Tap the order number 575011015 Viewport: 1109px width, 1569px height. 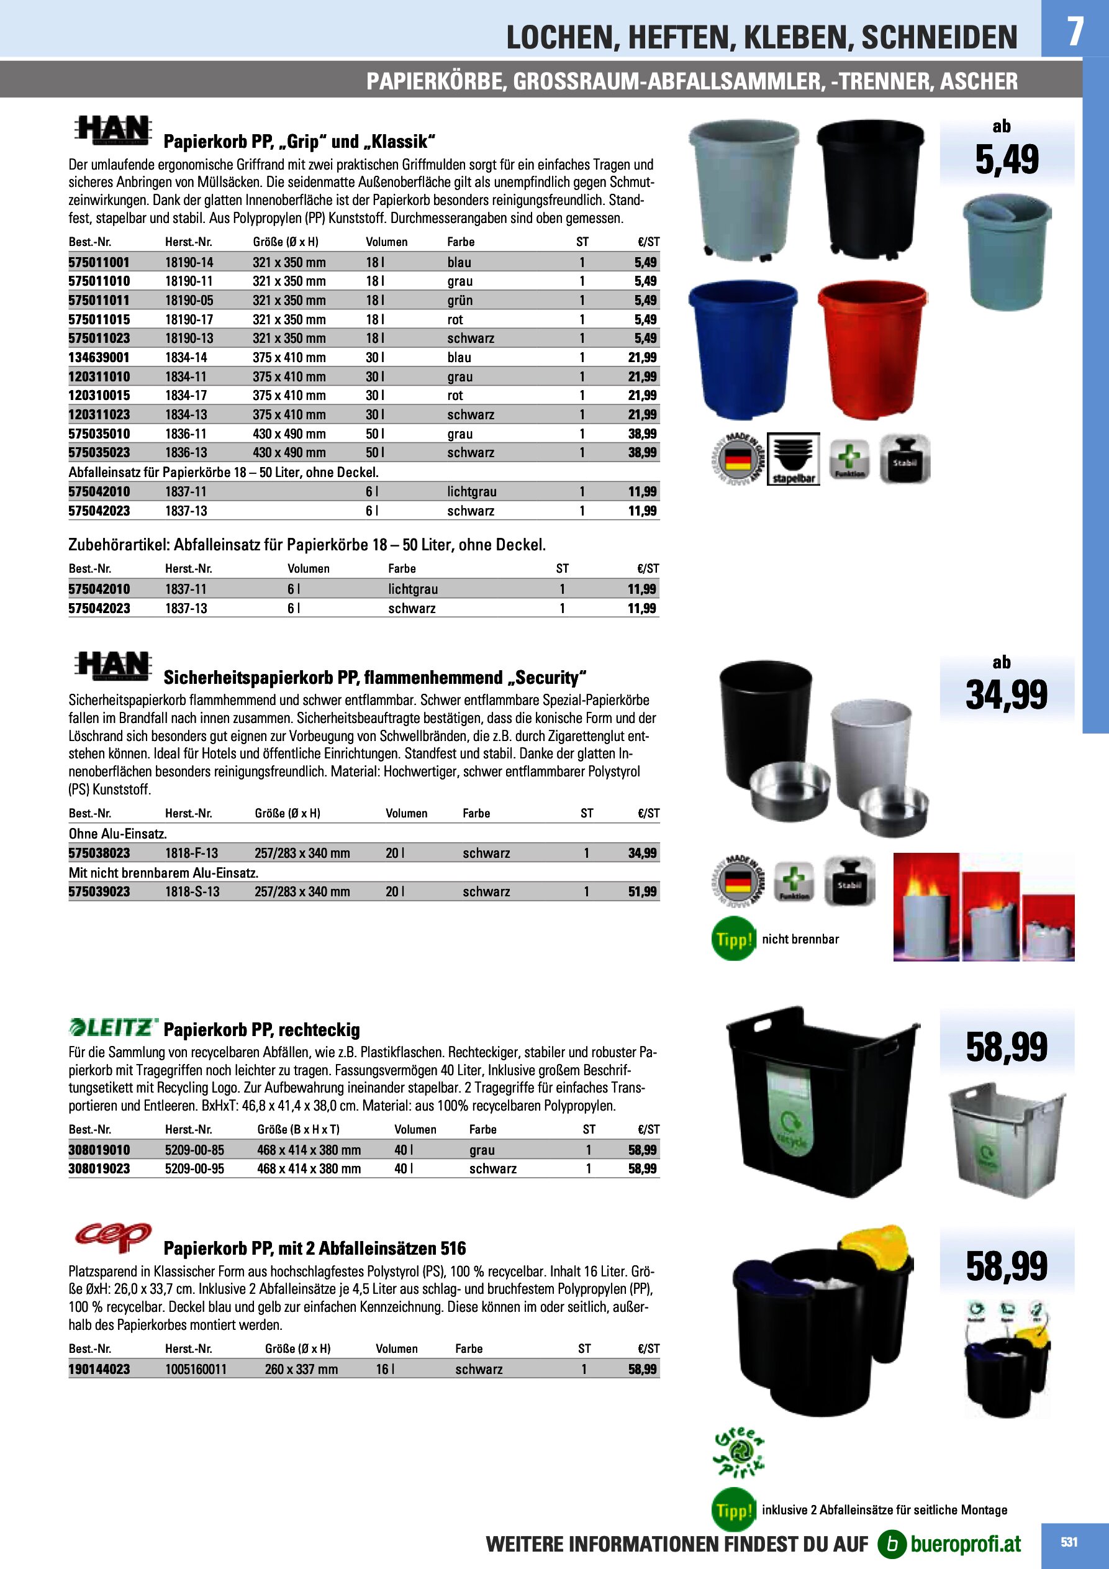[99, 319]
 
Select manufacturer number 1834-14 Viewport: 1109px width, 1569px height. [186, 357]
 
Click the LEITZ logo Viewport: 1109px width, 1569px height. [114, 1027]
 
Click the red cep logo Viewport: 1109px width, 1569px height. [113, 1236]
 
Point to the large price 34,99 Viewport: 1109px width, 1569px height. [1006, 695]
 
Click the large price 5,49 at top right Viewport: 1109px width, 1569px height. [1006, 160]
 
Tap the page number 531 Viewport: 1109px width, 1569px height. [1069, 1542]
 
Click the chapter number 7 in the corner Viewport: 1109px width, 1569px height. [1075, 31]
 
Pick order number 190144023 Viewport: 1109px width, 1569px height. [99, 1369]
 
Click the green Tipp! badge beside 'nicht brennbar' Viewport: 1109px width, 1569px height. [733, 940]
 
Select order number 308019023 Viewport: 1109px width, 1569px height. [99, 1168]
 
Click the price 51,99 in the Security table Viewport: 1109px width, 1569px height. [642, 892]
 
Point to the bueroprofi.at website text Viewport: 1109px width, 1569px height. [965, 1544]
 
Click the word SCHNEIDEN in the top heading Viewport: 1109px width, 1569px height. [939, 38]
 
